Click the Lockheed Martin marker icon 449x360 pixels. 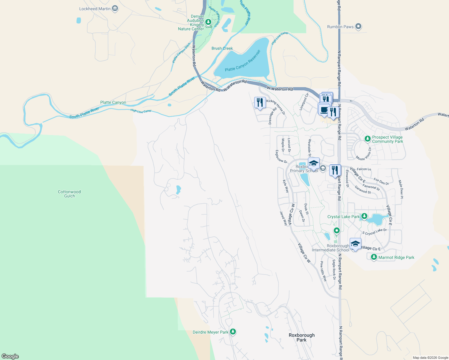coord(115,9)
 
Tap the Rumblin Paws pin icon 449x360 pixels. coord(358,27)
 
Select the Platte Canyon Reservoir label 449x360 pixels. coord(243,61)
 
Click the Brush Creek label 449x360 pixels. coord(222,48)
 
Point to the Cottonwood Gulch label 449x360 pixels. coord(69,194)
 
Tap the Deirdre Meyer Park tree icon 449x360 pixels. coord(233,332)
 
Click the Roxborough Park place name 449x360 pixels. coord(302,337)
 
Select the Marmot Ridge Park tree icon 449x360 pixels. coord(374,257)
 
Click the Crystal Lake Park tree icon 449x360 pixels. coord(364,216)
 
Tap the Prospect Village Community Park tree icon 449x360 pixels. coord(367,139)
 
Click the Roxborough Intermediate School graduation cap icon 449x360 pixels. coord(355,244)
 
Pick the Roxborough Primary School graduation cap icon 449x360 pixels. coord(314,163)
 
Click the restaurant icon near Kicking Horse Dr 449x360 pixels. coord(260,102)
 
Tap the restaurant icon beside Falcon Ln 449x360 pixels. coord(335,170)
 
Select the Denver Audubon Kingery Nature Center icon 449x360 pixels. coord(208,22)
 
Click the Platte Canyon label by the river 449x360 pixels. coord(113,102)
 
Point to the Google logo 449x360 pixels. coord(10,356)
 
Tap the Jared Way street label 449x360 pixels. coord(283,218)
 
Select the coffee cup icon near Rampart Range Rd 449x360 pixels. coord(324,109)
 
